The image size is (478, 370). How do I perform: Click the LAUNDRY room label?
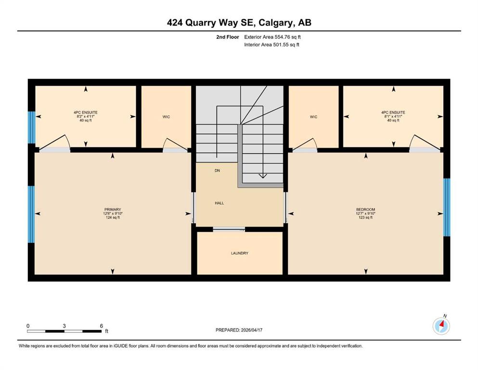(x=240, y=253)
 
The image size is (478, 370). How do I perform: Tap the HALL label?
(x=220, y=203)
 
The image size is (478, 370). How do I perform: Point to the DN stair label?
(x=217, y=171)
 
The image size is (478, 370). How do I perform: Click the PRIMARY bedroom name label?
(x=113, y=210)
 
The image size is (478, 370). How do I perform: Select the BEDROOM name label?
(x=365, y=210)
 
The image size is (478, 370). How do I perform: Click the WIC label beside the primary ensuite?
(x=166, y=117)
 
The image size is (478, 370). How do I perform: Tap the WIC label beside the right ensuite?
(x=313, y=117)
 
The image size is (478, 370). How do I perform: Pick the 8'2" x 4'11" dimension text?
(x=86, y=116)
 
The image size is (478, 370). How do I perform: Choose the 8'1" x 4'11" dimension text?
(x=393, y=116)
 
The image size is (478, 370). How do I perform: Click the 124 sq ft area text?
(x=113, y=217)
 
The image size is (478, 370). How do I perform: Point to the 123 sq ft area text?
(x=365, y=217)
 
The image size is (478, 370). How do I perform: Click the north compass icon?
(x=441, y=326)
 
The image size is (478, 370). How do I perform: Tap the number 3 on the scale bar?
(x=64, y=326)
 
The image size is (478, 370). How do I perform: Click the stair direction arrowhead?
(x=263, y=176)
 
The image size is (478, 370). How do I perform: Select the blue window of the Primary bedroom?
(x=31, y=214)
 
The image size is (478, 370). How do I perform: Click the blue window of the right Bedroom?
(x=447, y=208)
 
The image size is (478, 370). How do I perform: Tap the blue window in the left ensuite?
(x=32, y=128)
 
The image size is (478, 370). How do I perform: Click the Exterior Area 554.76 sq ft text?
(x=272, y=37)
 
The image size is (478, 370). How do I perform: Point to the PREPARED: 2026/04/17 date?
(x=239, y=330)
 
